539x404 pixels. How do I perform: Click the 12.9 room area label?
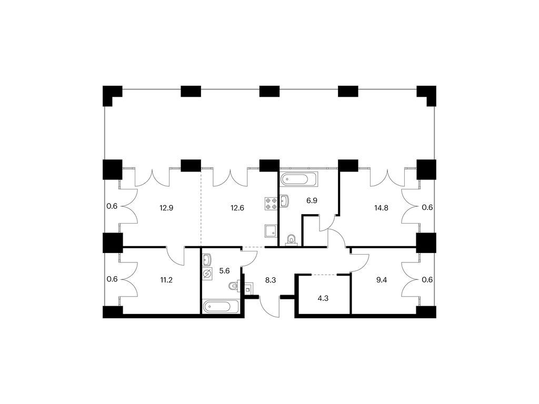coord(166,208)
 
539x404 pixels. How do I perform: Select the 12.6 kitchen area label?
coord(237,208)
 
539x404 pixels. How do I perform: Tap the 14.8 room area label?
coord(381,208)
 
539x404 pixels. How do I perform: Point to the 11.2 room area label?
coord(166,280)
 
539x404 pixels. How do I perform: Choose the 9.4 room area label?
coord(382,280)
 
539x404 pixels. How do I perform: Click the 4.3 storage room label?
coord(323,299)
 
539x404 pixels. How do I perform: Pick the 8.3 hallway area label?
coord(271,280)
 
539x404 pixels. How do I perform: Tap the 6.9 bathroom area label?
coord(312,200)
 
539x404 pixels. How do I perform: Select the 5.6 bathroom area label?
coord(224,271)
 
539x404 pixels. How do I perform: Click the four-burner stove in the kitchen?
coord(271,204)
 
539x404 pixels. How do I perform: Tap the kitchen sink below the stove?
coord(271,231)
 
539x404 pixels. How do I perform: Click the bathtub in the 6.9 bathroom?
coord(299,179)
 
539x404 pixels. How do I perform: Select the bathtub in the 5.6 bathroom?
coord(221,307)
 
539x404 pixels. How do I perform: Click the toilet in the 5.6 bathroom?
coord(234,286)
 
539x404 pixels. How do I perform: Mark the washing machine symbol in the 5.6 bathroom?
coord(207,274)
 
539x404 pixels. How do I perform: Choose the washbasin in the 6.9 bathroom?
coord(285,201)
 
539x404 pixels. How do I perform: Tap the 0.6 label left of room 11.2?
coord(112,279)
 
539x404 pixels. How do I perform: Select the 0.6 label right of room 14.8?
coord(427,208)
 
